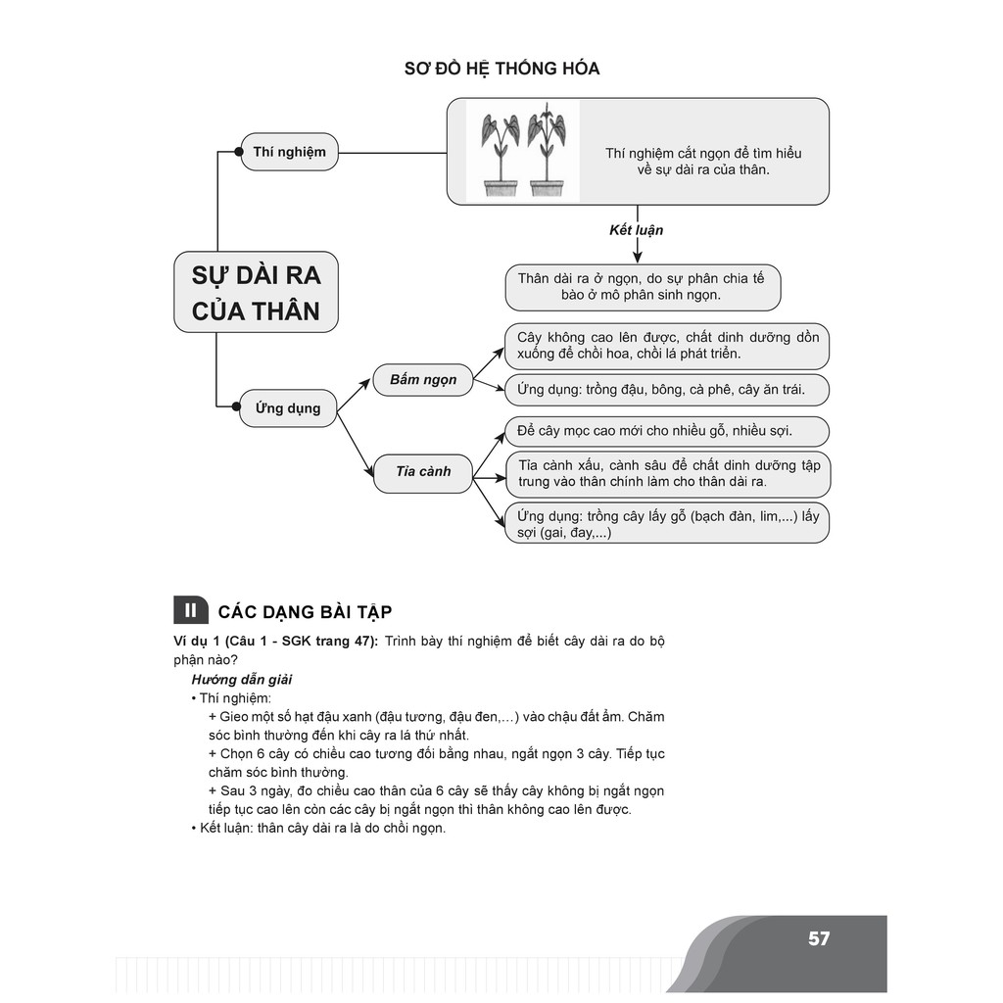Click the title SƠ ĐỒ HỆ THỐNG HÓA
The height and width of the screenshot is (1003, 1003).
(501, 69)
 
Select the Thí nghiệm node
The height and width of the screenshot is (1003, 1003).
(289, 152)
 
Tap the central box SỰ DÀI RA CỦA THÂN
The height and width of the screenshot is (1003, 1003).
(257, 292)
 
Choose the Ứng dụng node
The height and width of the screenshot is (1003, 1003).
(288, 407)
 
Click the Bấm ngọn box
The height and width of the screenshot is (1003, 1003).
(423, 379)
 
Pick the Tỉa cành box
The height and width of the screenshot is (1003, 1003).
(423, 471)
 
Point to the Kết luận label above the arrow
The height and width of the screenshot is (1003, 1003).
(637, 230)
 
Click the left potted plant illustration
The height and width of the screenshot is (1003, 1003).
(501, 153)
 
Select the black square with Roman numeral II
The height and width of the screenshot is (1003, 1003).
(190, 610)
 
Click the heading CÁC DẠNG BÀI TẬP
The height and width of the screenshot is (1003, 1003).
(305, 612)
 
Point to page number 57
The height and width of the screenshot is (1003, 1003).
(819, 938)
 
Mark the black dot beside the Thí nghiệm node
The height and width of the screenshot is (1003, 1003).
(239, 152)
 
